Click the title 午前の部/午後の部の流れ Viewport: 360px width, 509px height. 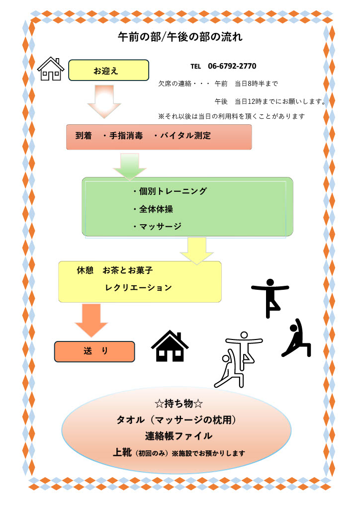[x=180, y=37]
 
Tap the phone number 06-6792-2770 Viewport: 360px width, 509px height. [x=232, y=66]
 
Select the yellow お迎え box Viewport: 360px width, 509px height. [x=108, y=71]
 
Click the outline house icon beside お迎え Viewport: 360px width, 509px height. [x=51, y=69]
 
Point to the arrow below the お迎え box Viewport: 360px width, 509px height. [x=104, y=102]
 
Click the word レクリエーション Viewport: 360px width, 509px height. [x=139, y=288]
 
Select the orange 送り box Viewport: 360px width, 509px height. [x=94, y=351]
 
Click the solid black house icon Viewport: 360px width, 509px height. [x=170, y=346]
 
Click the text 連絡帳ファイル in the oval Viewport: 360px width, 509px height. [x=179, y=436]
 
